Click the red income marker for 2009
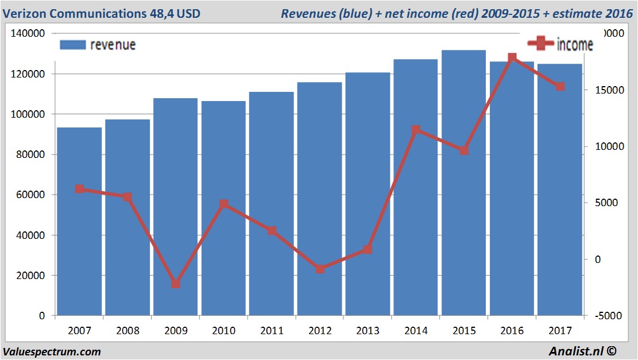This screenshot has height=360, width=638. [x=176, y=284]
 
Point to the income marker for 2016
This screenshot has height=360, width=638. [x=512, y=58]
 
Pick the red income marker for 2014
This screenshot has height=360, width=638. [x=416, y=130]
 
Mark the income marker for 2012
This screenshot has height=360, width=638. [x=320, y=269]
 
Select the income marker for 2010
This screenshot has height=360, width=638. [x=224, y=204]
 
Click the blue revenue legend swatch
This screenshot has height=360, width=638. [x=72, y=45]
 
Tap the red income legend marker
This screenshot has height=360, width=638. [x=540, y=44]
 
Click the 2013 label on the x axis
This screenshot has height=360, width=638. [x=368, y=331]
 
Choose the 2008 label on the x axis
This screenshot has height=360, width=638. [x=127, y=331]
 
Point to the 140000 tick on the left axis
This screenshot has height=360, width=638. [x=29, y=34]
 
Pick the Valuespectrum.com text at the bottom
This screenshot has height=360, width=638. [x=52, y=351]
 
